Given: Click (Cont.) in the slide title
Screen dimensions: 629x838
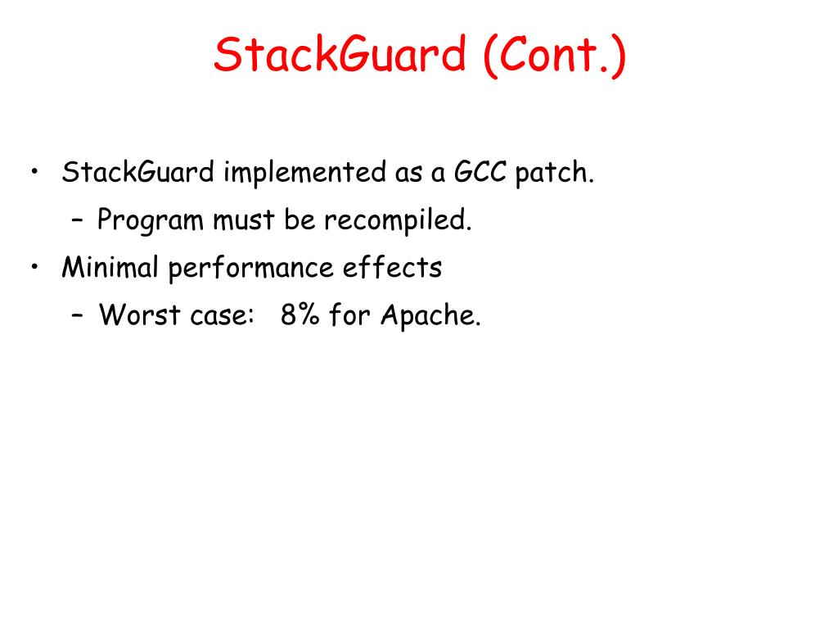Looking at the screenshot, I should (554, 56).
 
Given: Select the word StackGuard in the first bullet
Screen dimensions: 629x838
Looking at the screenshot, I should (138, 174).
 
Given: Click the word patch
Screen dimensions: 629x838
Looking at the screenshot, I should (554, 174).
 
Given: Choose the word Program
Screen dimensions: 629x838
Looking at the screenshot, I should (151, 220).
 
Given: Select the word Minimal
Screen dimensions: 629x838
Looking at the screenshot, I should (110, 268).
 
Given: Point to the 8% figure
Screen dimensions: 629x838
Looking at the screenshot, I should (300, 315).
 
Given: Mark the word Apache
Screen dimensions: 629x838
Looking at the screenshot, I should (430, 315).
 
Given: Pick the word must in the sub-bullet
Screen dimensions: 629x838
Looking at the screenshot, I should (245, 220).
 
